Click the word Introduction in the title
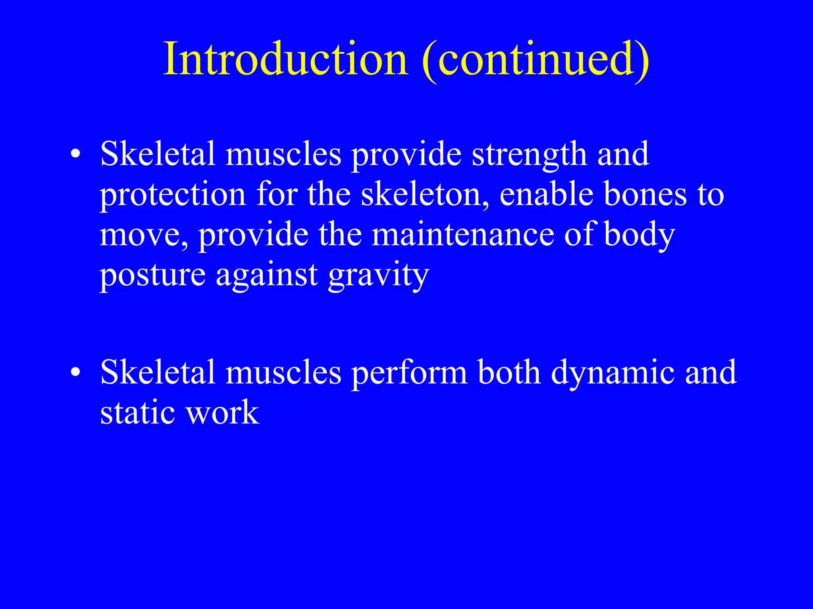tap(286, 59)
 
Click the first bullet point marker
tap(75, 154)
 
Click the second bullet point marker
tap(75, 373)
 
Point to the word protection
tap(173, 195)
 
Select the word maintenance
tap(463, 235)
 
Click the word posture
tap(153, 276)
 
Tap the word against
tap(267, 276)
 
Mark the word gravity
tap(379, 276)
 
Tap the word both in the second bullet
tap(509, 373)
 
